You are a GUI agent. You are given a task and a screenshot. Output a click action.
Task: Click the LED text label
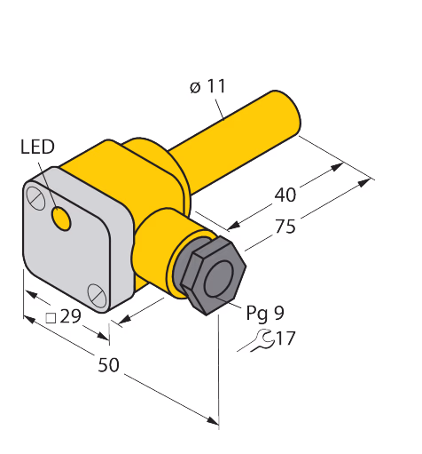[37, 147]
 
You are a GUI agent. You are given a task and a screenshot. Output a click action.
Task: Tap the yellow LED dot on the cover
[61, 218]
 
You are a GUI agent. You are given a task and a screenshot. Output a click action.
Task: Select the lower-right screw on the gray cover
[97, 295]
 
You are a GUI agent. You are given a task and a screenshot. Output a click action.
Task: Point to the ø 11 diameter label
[207, 86]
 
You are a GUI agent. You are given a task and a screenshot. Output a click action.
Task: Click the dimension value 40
[285, 195]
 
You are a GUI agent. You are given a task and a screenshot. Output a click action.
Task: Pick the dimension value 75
[285, 227]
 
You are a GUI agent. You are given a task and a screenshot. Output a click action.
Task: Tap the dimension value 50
[108, 364]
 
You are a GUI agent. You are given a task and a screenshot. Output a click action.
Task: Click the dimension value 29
[70, 316]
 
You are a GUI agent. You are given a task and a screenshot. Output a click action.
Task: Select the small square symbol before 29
[51, 318]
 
